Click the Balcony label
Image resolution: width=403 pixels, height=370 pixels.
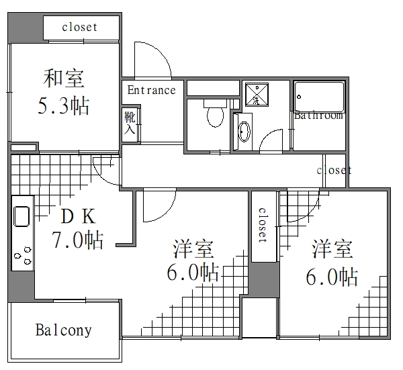click(64, 330)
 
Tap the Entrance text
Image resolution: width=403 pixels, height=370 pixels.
click(151, 90)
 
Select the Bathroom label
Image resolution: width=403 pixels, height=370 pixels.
click(318, 115)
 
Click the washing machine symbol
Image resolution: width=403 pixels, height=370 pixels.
click(256, 94)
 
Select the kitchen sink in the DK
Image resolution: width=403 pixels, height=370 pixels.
click(21, 216)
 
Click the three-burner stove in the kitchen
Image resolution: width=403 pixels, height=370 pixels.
click(23, 256)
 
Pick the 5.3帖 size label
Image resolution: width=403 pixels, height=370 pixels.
click(64, 107)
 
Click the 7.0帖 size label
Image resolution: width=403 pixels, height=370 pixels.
click(79, 240)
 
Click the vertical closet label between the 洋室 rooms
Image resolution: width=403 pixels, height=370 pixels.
click(261, 224)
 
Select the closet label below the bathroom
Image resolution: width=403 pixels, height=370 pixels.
click(334, 170)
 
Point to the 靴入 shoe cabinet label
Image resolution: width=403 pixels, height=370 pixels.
click(130, 124)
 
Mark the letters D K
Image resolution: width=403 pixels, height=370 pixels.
click(79, 216)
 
